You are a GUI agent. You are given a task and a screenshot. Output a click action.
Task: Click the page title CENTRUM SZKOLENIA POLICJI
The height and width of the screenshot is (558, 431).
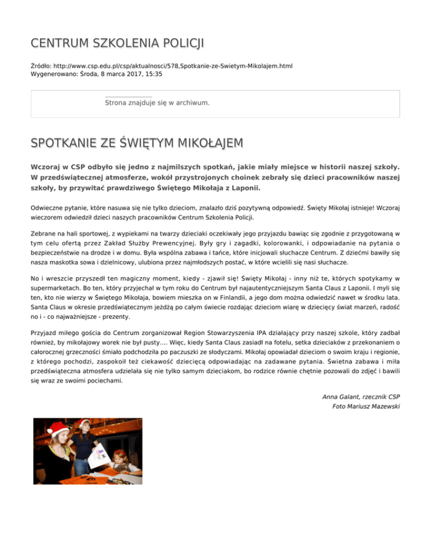coord(117,44)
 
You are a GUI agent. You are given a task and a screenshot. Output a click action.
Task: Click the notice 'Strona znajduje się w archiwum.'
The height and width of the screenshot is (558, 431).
coord(157,103)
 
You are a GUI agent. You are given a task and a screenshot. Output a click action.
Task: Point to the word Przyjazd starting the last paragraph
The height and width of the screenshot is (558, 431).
coord(45,332)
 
